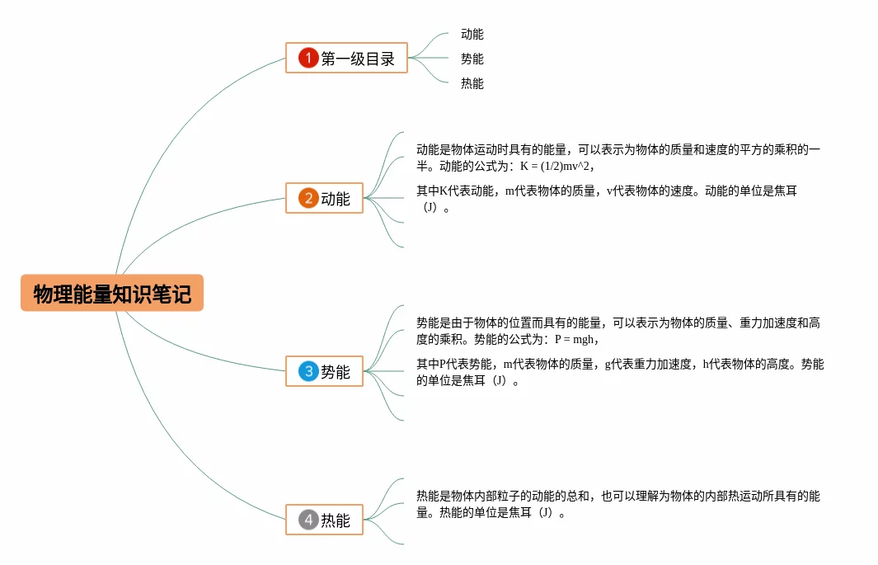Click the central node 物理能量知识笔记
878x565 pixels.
(x=112, y=294)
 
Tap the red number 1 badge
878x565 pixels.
(x=308, y=58)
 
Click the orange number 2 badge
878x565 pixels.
(x=308, y=198)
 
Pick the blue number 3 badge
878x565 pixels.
(x=308, y=371)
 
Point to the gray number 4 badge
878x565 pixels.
(x=308, y=520)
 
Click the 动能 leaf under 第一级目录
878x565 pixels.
(x=472, y=35)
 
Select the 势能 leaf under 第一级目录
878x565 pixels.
(x=472, y=59)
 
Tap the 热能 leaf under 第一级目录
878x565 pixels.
(x=472, y=84)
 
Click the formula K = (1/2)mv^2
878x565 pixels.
(x=556, y=166)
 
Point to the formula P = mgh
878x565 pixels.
(x=575, y=339)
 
